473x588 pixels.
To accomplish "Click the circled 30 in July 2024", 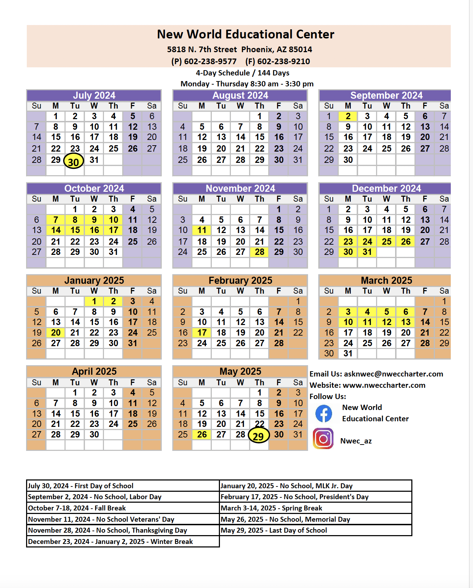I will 74,161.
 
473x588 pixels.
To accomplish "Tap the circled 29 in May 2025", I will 259,436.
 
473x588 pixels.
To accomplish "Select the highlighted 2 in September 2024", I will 348,116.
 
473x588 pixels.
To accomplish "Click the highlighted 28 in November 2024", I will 259,252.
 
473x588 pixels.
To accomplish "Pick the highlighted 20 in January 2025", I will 56,333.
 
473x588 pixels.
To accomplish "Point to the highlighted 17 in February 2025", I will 202,333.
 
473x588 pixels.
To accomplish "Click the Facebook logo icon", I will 324,414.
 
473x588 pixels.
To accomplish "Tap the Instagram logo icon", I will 323,439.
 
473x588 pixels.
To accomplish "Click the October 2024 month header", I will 94,188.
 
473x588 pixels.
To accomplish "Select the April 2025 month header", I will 94,372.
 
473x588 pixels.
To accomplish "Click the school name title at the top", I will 245,34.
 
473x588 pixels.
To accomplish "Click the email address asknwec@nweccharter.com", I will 393,374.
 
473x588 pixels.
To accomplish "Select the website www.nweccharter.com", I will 384,385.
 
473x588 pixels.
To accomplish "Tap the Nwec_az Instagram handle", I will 356,441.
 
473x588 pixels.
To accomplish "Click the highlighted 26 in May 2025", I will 202,435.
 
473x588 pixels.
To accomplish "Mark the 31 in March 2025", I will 348,354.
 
